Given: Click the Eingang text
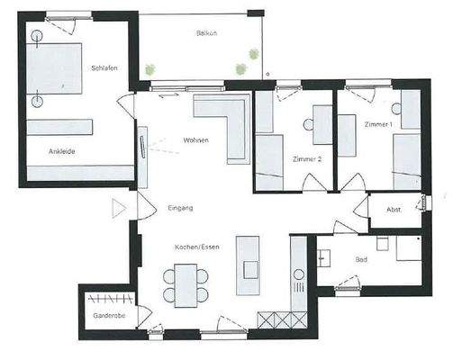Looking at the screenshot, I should coord(180,208).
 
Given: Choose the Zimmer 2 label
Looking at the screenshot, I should coord(307,158).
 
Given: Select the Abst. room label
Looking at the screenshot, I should coord(393,211).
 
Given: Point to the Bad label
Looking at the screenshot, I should coord(361,260).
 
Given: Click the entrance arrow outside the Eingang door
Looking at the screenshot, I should coord(117,209).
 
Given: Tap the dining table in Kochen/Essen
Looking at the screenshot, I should coord(186,284).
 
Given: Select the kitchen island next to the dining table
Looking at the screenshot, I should coord(247,265).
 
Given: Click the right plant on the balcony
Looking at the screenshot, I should coord(240,67).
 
